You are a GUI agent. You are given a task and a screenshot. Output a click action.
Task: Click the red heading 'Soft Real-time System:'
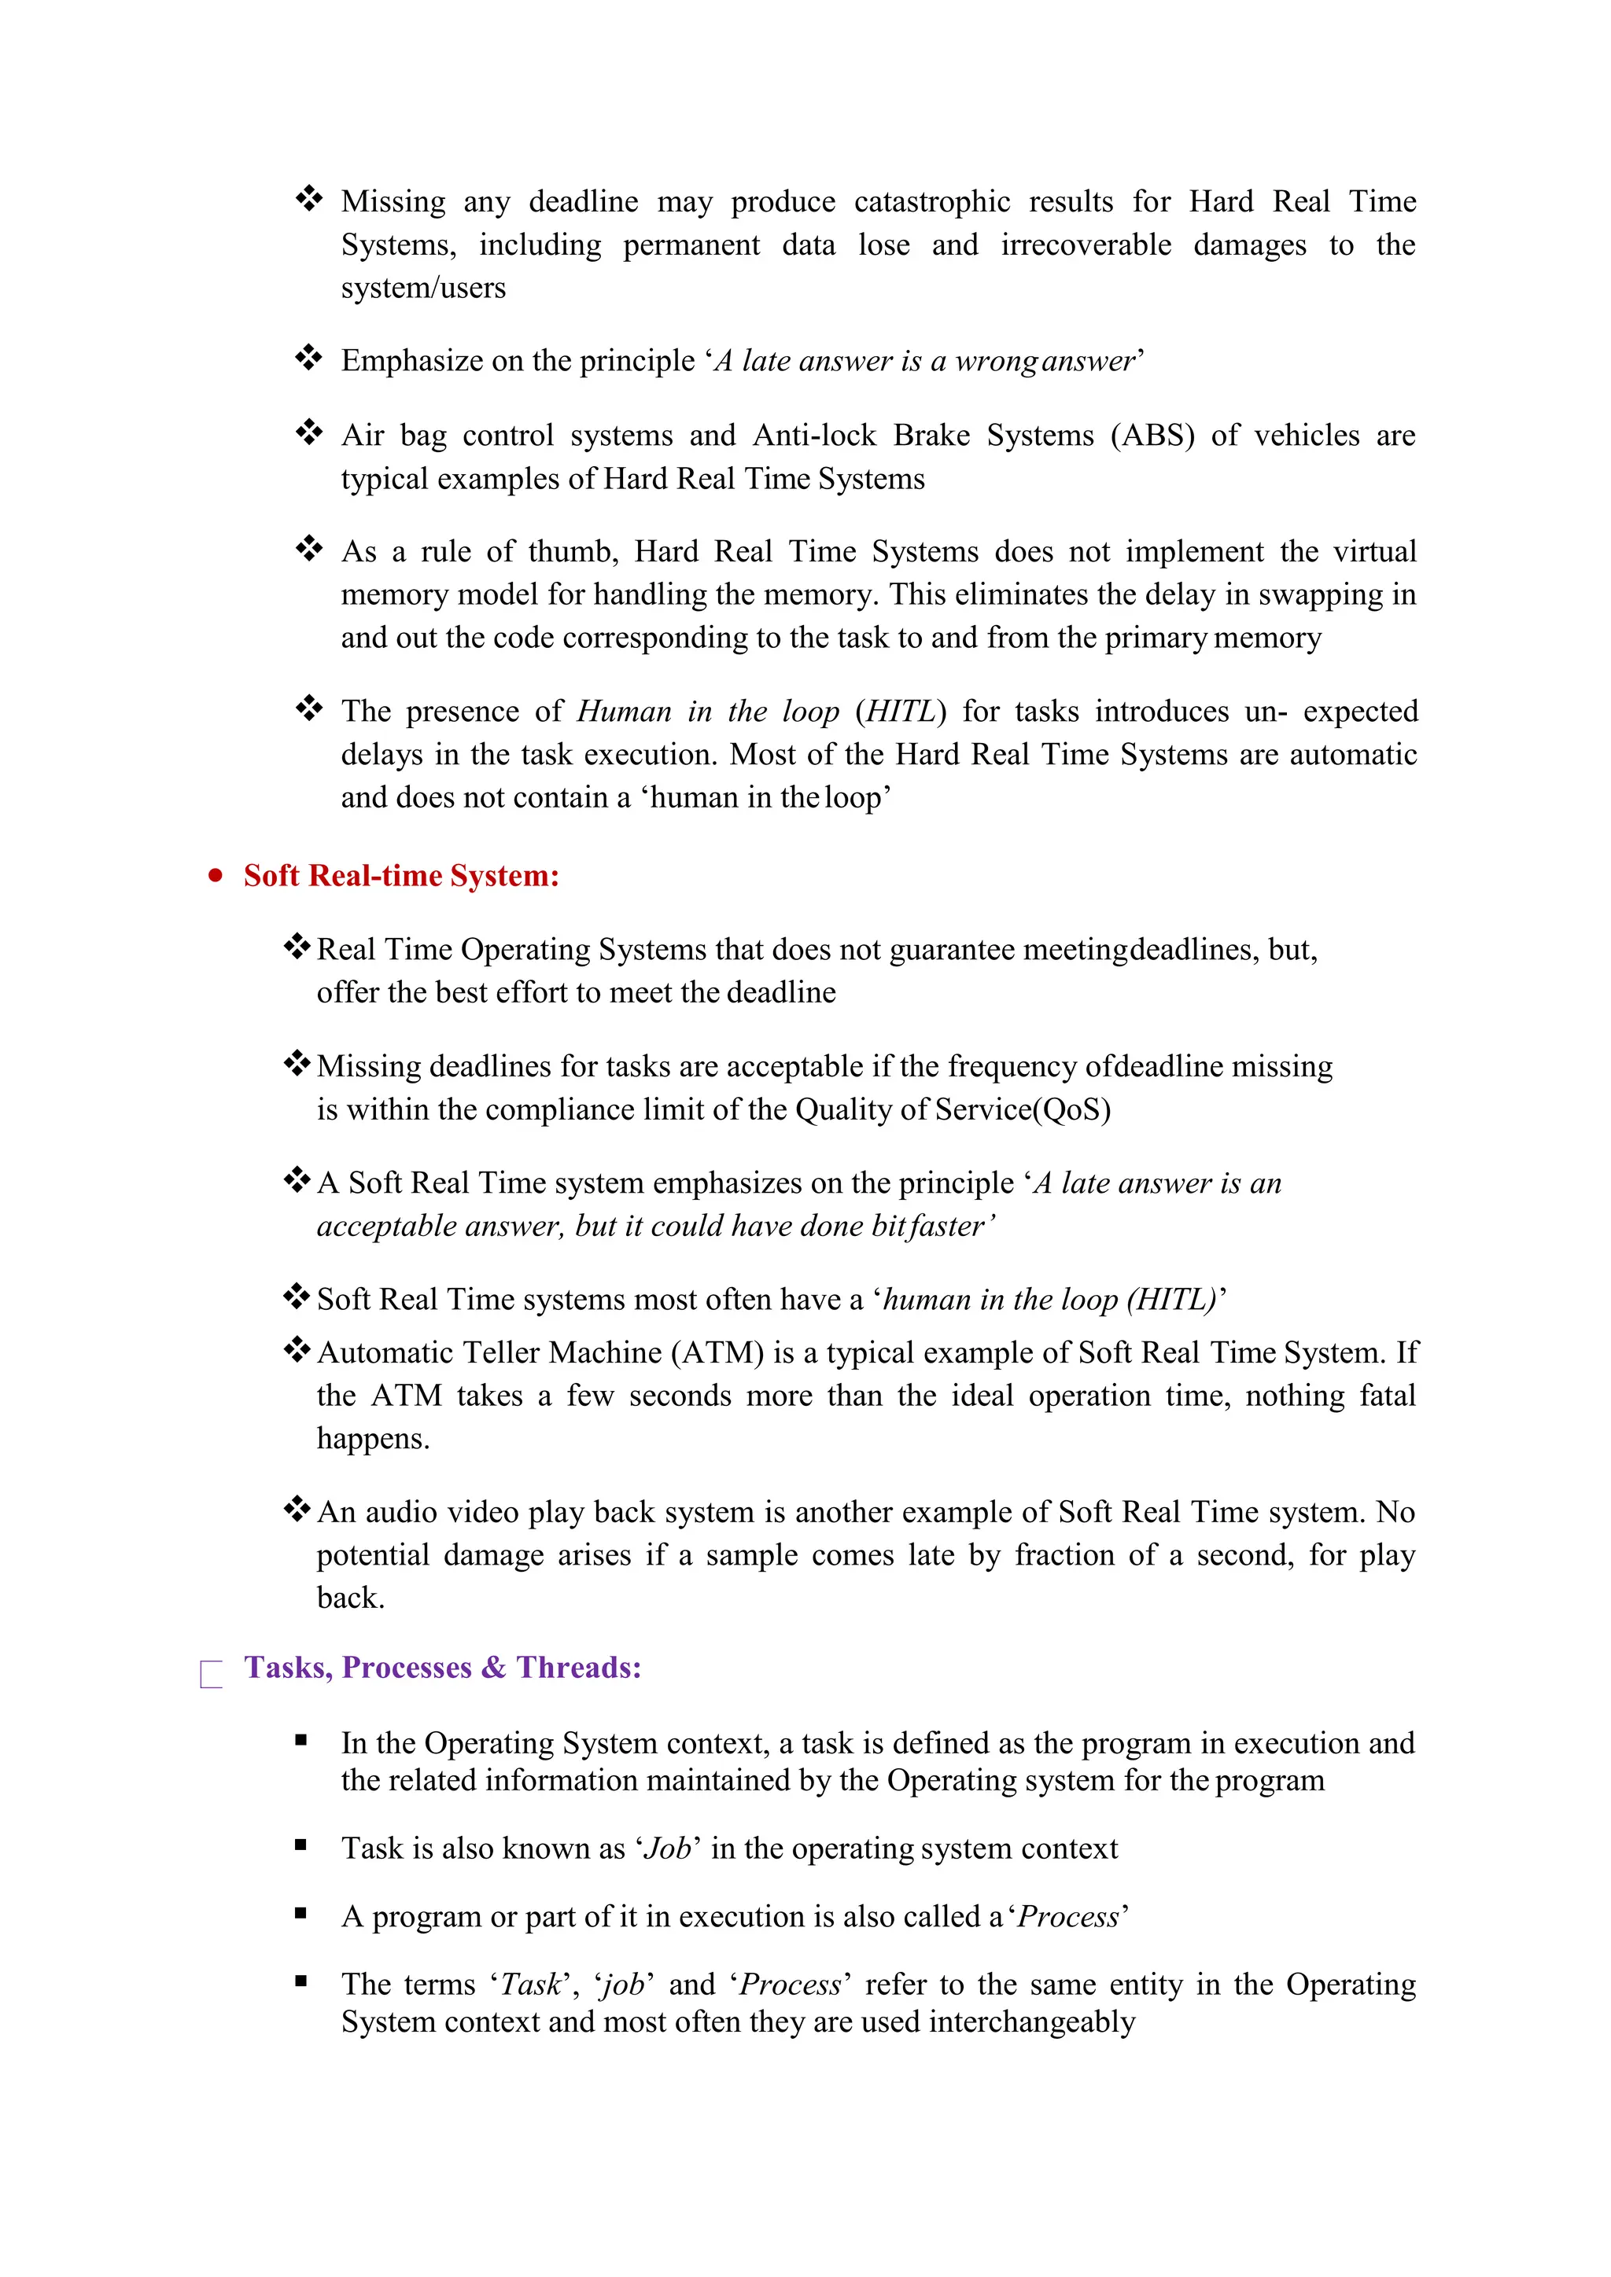click(x=402, y=876)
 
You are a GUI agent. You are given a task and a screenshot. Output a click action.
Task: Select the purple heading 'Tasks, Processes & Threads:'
click(x=442, y=1667)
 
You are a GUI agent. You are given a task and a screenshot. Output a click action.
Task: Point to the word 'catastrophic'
click(x=931, y=201)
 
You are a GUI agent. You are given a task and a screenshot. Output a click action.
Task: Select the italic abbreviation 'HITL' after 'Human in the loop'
click(x=901, y=711)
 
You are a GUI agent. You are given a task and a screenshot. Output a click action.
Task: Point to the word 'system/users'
click(x=423, y=288)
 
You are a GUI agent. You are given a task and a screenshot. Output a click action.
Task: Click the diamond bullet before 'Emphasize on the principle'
click(x=308, y=358)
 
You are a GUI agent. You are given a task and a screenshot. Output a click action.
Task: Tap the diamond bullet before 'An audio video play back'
click(x=297, y=1510)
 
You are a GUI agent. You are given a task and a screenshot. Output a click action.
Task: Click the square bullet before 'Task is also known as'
click(x=300, y=1845)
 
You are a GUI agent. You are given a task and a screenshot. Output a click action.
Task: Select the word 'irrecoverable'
click(x=1086, y=245)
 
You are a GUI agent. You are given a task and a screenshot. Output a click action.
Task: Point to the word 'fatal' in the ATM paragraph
click(x=1387, y=1396)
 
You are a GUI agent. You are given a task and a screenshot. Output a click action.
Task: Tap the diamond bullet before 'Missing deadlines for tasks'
click(x=297, y=1064)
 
